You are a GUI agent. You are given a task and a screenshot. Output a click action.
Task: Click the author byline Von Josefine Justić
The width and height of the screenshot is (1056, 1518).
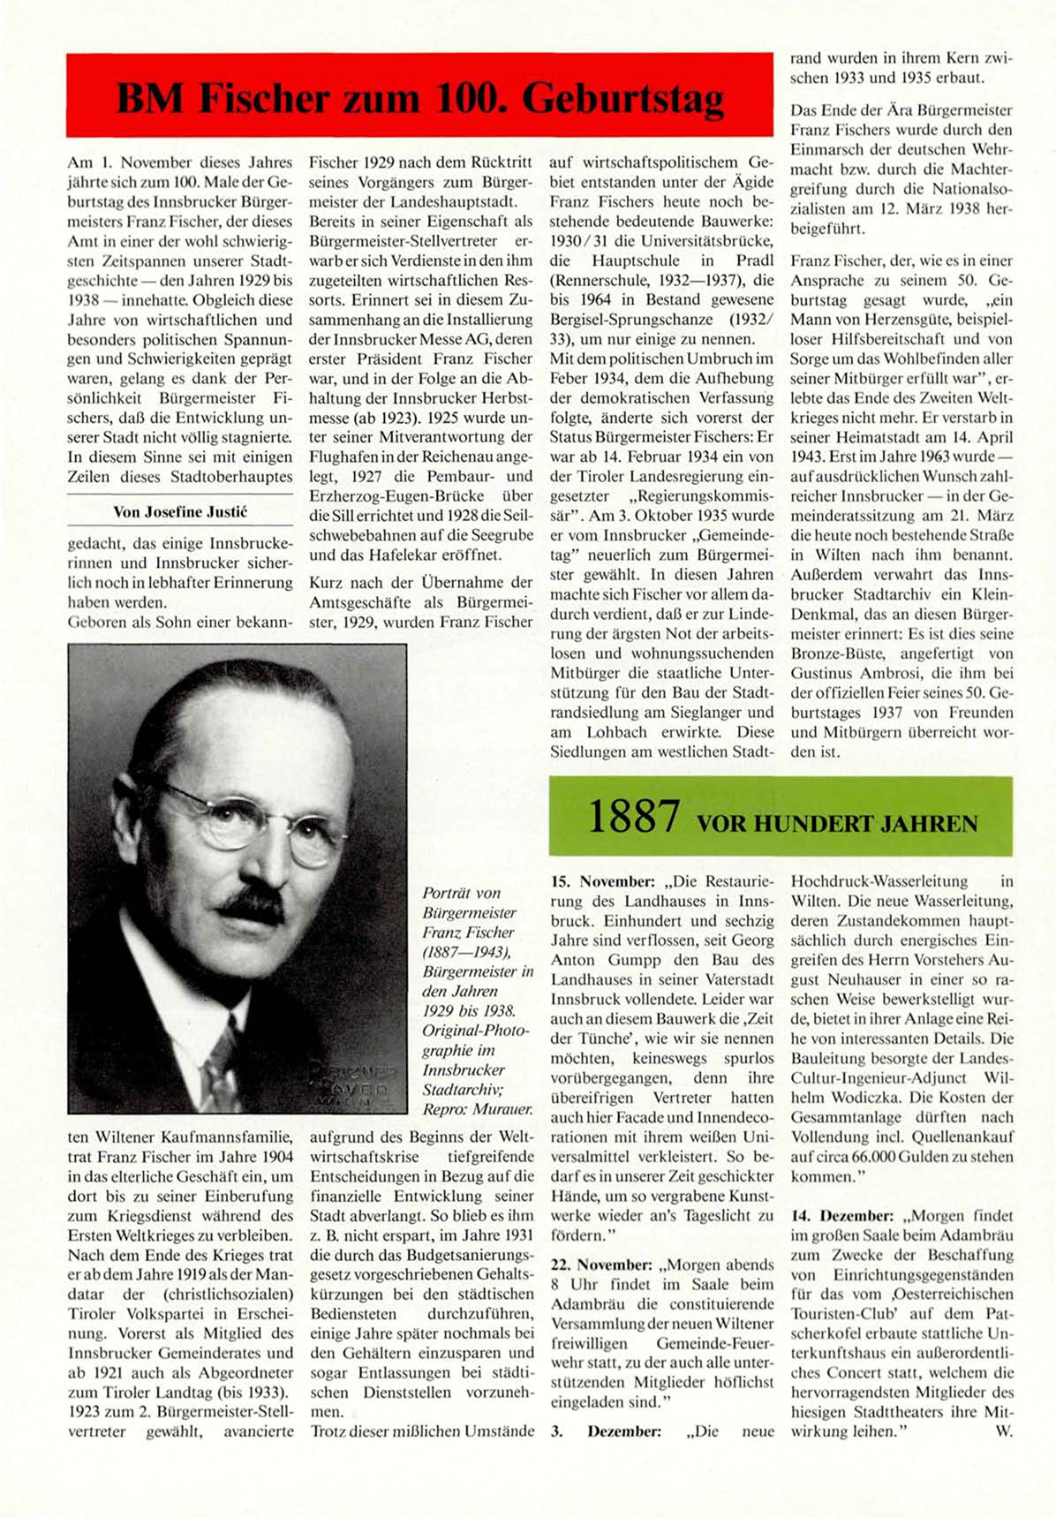(179, 512)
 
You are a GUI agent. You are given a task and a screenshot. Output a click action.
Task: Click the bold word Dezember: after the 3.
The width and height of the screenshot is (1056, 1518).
(624, 1431)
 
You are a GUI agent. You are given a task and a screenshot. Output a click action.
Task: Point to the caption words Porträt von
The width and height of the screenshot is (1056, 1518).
(462, 893)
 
